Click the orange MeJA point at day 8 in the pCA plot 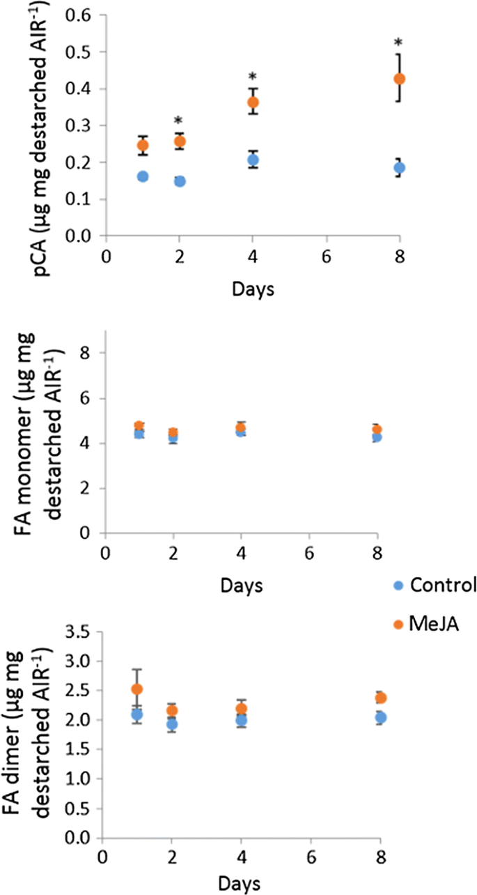point(399,79)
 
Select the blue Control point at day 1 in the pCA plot point(143,176)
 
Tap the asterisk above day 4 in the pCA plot point(253,77)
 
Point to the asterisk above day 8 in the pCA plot point(399,43)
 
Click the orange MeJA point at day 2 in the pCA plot point(179,141)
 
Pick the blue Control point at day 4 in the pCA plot point(253,160)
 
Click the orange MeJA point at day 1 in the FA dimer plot point(137,689)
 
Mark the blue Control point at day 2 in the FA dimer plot point(172,724)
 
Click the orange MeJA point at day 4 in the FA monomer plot point(241,428)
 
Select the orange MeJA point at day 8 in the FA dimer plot point(380,698)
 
